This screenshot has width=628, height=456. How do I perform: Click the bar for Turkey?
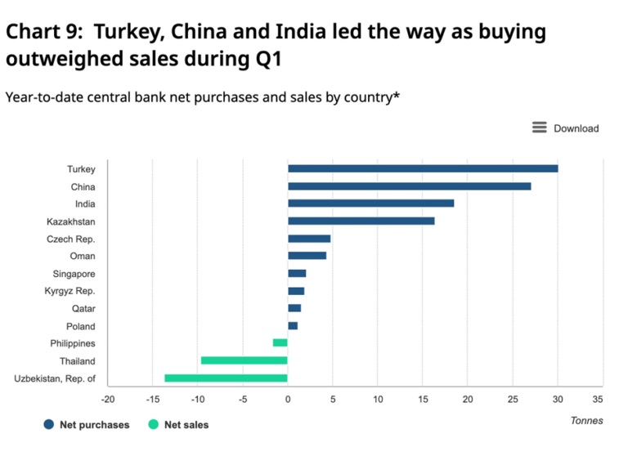click(422, 168)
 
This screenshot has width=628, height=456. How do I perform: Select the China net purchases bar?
click(409, 186)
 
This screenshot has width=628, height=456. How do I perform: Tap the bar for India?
click(370, 203)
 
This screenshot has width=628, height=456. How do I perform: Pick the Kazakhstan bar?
click(361, 221)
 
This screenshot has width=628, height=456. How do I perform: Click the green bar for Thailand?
click(244, 360)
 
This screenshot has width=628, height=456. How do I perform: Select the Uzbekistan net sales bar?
click(226, 378)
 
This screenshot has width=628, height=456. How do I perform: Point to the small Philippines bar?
click(280, 343)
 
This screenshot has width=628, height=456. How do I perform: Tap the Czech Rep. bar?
click(309, 239)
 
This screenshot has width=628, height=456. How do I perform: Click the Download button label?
click(576, 128)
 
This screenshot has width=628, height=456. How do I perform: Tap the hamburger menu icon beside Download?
click(539, 127)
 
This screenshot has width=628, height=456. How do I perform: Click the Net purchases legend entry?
click(87, 425)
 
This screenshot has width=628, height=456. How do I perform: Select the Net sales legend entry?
click(178, 425)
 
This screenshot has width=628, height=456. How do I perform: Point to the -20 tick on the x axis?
click(108, 399)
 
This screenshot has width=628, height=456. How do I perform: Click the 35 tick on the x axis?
click(598, 399)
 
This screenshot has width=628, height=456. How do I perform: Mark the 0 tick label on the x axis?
click(288, 399)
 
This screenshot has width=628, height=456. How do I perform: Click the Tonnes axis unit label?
click(586, 421)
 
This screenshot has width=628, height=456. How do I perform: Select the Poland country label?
click(80, 326)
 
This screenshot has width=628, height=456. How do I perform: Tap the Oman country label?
click(83, 256)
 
